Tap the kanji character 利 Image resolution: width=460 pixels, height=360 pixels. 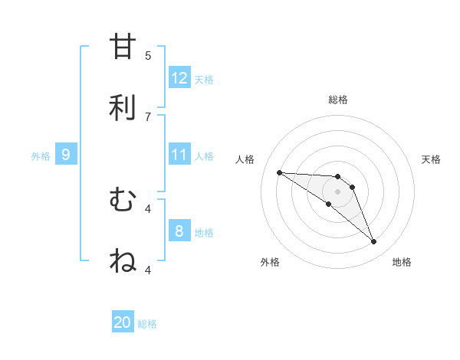click(x=123, y=106)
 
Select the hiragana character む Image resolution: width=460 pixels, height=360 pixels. click(x=123, y=200)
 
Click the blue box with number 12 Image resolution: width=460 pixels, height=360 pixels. click(x=179, y=78)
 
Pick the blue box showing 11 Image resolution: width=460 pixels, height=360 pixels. click(x=179, y=155)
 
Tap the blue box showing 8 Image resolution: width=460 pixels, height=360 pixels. click(x=179, y=231)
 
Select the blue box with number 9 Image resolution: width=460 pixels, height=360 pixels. click(x=66, y=155)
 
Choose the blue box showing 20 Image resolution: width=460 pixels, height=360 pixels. click(x=123, y=322)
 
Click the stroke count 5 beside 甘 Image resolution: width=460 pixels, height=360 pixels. click(x=148, y=55)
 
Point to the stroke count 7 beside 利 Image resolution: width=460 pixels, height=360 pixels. click(x=148, y=116)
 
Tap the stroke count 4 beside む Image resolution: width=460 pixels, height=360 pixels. click(x=148, y=208)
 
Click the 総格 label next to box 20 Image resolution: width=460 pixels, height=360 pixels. click(x=147, y=324)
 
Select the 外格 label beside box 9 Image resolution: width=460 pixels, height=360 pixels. click(x=41, y=156)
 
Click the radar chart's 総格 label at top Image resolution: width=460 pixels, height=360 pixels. click(x=338, y=100)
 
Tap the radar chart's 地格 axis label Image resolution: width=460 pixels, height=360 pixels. click(x=402, y=262)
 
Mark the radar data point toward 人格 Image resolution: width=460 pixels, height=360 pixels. click(x=279, y=172)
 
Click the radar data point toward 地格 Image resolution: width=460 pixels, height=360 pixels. click(x=373, y=242)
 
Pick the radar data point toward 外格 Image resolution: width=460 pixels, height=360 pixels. click(x=329, y=204)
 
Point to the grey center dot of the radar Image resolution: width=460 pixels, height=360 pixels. click(x=337, y=191)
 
